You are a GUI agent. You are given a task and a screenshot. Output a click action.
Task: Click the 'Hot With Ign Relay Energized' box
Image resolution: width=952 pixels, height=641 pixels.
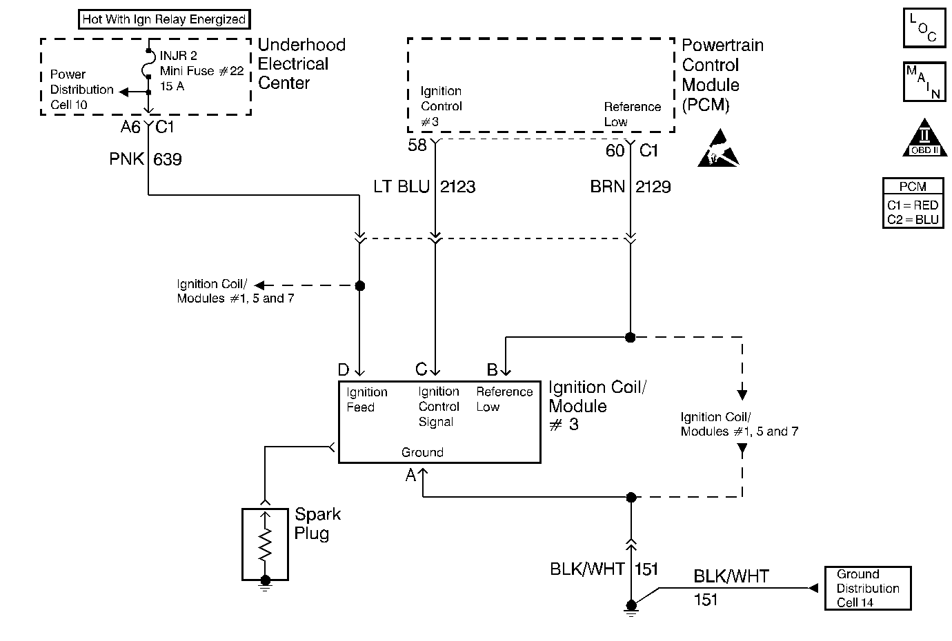(x=163, y=19)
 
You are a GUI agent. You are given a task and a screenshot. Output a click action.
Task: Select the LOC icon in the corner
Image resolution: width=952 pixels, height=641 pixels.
(x=924, y=28)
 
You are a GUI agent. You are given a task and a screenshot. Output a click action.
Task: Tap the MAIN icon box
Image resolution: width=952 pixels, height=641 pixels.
(x=924, y=82)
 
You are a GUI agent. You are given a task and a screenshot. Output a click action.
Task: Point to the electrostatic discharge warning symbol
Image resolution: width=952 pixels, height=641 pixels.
(x=718, y=149)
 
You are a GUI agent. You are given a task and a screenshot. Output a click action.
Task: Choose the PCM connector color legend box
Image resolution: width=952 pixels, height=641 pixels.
(x=913, y=203)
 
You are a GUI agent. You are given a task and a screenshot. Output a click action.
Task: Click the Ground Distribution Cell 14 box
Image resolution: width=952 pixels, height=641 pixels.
(x=867, y=588)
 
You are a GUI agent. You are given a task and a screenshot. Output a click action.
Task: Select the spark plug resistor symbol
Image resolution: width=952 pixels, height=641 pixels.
(x=265, y=545)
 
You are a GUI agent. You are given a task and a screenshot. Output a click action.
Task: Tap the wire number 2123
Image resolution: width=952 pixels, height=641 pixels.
(x=458, y=187)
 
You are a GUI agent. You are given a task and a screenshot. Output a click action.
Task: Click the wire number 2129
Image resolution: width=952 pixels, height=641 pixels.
(x=653, y=187)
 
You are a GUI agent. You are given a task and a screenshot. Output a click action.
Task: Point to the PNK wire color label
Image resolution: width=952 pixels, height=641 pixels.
(x=126, y=159)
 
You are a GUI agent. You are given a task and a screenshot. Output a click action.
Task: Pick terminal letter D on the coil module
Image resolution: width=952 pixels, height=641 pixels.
(x=344, y=371)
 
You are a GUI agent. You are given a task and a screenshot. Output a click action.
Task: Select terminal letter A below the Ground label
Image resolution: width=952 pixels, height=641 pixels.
(x=410, y=475)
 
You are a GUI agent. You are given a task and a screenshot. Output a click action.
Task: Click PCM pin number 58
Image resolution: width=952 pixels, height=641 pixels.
(x=417, y=145)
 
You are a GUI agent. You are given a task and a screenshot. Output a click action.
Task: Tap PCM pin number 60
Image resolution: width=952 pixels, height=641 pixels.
(x=615, y=150)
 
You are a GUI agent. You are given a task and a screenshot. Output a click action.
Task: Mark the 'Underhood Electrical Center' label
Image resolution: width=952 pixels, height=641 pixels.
(x=301, y=64)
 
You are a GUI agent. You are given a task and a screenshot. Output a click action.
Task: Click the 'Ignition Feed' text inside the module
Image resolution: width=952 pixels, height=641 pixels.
(x=366, y=400)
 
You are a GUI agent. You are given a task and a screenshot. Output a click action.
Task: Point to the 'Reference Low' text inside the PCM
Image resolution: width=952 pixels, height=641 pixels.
(x=632, y=114)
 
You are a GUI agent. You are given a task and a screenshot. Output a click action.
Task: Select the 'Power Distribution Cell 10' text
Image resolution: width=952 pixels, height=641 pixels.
(x=81, y=90)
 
